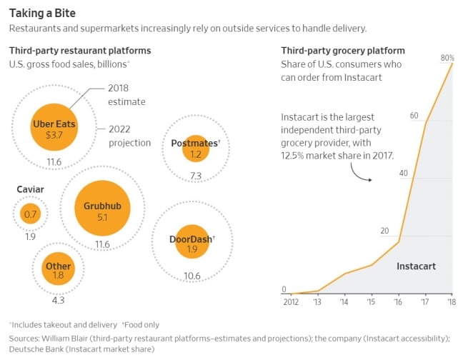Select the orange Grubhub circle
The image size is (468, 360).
coord(102,211)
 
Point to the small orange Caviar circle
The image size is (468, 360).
coord(30,214)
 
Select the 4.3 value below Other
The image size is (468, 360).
coord(59,300)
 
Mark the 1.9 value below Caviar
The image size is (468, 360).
coord(30,237)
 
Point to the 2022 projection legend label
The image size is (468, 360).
coord(129,136)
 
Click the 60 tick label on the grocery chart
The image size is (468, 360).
coord(414,116)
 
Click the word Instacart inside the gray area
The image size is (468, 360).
coord(416,266)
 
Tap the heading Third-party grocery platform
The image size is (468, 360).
coord(343,51)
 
